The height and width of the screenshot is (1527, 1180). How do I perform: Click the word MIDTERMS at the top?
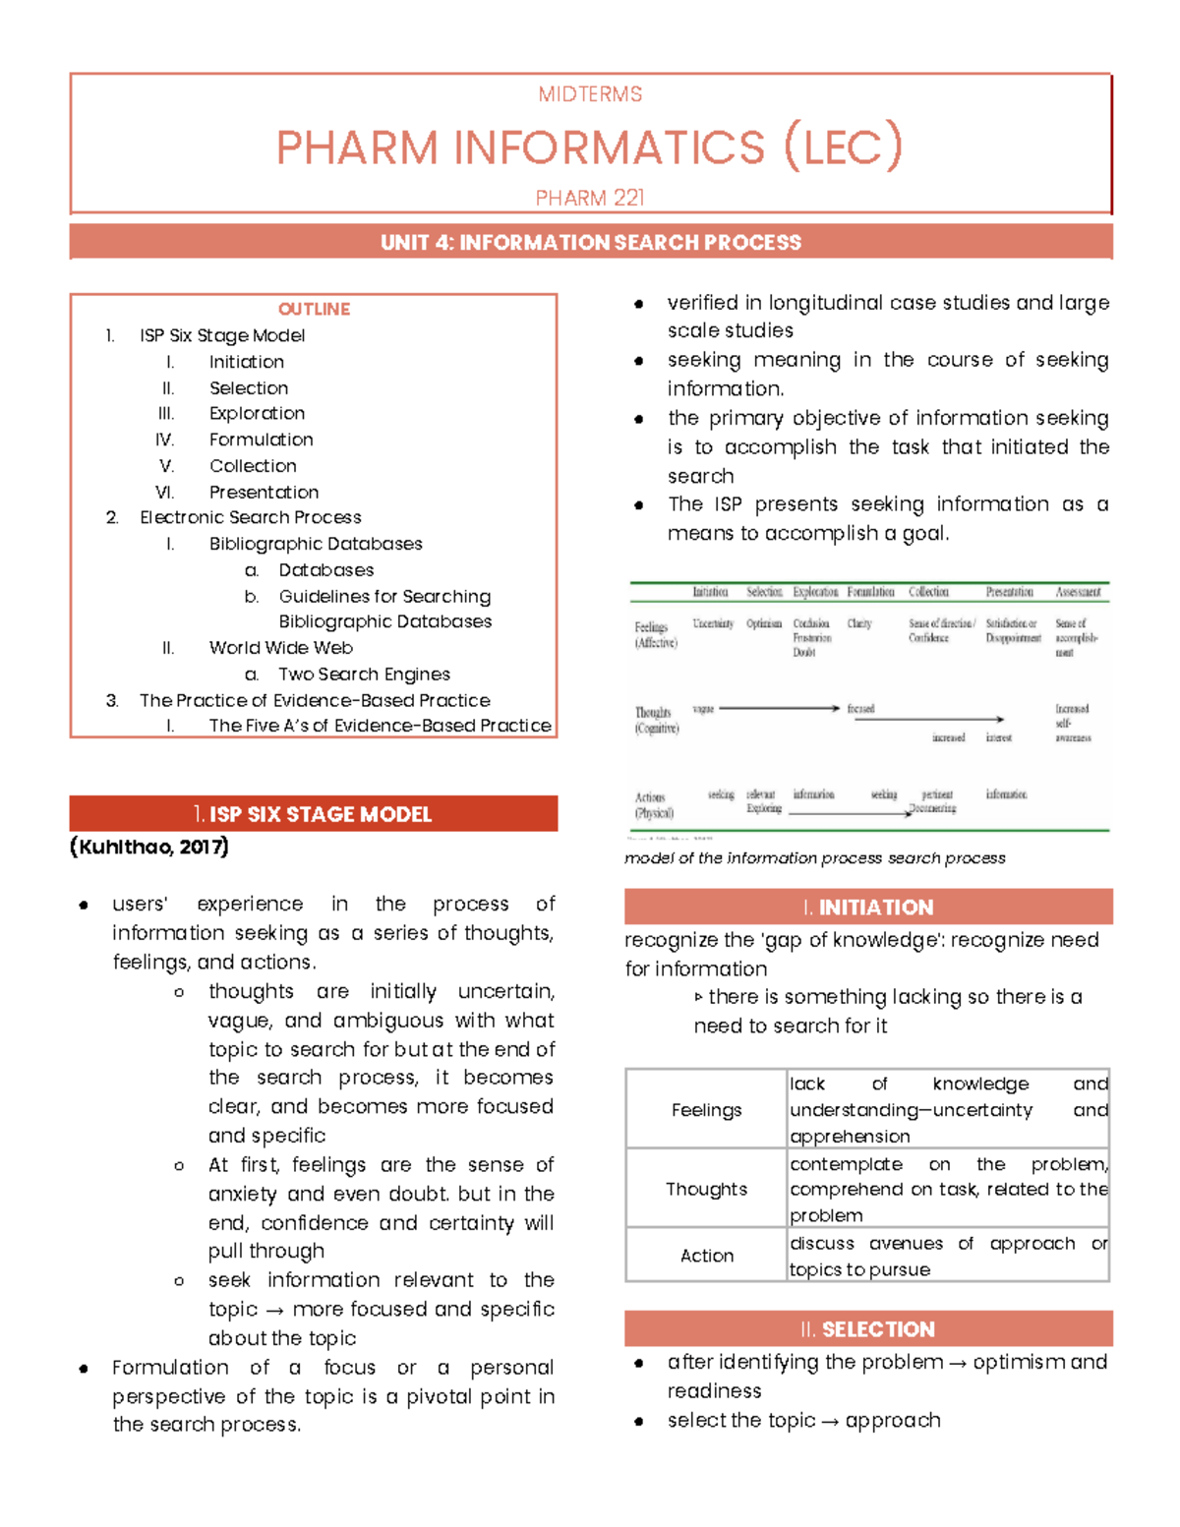[x=590, y=94]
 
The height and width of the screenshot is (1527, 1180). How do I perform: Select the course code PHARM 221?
[x=590, y=198]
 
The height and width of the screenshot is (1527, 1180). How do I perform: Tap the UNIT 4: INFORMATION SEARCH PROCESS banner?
[x=590, y=242]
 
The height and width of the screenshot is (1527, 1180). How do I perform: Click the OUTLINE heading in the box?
[x=314, y=309]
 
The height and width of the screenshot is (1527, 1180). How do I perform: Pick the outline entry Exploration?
[x=257, y=413]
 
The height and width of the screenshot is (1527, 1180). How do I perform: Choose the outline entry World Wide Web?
[x=280, y=648]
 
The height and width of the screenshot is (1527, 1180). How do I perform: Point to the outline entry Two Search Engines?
[x=364, y=675]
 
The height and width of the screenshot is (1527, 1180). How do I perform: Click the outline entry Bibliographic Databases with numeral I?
[x=315, y=544]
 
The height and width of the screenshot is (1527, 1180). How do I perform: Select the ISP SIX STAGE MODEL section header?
[x=314, y=814]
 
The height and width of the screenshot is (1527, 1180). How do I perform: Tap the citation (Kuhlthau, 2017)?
[x=149, y=847]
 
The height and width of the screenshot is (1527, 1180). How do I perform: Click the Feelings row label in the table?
[x=706, y=1110]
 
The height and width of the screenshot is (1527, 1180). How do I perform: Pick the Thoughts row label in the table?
[x=706, y=1189]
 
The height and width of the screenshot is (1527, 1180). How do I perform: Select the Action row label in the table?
[x=706, y=1256]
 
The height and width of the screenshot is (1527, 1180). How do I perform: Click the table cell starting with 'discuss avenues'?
[x=948, y=1256]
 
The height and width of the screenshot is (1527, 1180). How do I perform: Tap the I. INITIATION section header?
[x=868, y=907]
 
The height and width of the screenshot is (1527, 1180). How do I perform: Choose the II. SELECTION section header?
[x=868, y=1329]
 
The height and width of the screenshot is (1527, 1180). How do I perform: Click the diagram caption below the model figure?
[x=815, y=858]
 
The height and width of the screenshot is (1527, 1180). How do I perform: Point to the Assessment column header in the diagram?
[x=1078, y=592]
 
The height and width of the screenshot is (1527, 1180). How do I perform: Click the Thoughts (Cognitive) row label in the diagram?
[x=656, y=721]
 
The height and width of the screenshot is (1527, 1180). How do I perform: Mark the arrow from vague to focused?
[x=779, y=708]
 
